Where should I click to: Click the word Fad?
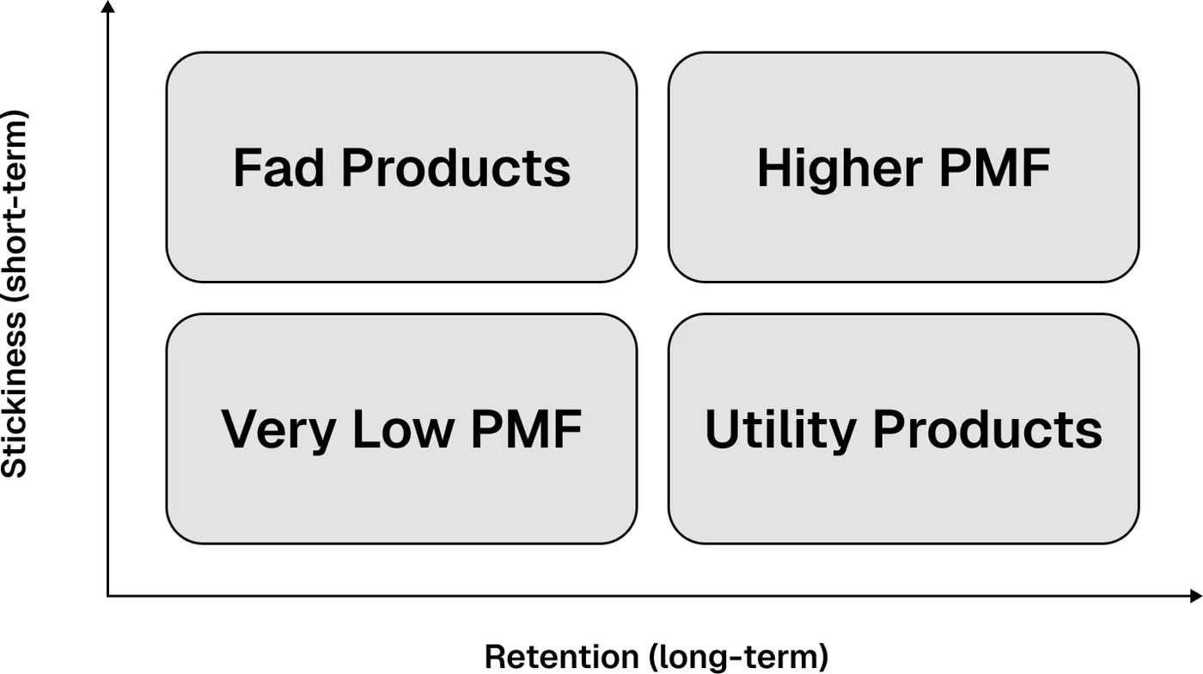(x=278, y=167)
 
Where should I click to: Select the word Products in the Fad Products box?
(x=456, y=167)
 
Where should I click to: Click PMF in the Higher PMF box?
(x=995, y=167)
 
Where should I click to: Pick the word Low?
(x=404, y=428)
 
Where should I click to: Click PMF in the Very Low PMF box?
(x=526, y=428)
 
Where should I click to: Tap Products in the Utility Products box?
(x=987, y=428)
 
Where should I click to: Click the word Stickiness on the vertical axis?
(x=14, y=395)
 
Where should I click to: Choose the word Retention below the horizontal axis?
(x=562, y=656)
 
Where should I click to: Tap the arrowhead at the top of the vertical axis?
(x=108, y=7)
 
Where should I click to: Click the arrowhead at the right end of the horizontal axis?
(x=1196, y=596)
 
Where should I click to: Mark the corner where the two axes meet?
(x=108, y=596)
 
